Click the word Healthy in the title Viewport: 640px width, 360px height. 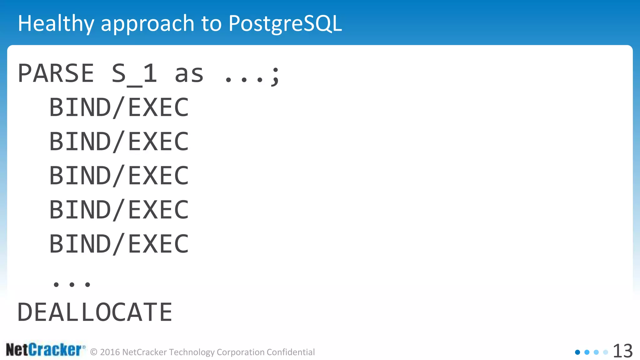[56, 23]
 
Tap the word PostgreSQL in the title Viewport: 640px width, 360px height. [285, 23]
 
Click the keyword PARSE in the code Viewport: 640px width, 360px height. [56, 73]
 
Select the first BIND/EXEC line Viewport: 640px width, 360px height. [119, 107]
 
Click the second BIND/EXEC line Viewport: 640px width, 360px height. [119, 142]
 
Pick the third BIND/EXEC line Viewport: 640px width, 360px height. [119, 176]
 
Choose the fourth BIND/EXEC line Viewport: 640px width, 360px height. [119, 210]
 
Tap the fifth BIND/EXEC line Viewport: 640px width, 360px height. [119, 244]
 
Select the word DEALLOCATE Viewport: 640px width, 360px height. [95, 312]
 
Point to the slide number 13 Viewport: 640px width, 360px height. [622, 351]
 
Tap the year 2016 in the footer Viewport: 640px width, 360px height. [110, 352]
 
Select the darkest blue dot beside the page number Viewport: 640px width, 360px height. [577, 352]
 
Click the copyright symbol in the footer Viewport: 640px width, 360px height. [94, 352]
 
